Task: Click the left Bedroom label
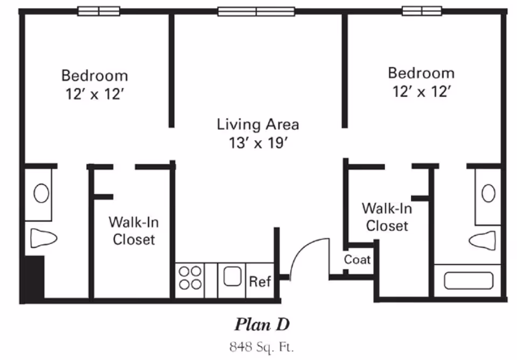94,75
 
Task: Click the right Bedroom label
421,73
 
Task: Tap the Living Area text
257,125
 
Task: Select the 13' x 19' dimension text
257,143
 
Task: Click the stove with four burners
190,278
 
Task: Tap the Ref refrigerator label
260,282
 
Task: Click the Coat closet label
358,260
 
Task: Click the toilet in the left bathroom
43,238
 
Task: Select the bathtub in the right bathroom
468,281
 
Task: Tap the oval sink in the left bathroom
41,193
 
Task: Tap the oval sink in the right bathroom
488,193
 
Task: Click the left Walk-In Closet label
134,230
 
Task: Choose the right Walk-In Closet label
387,217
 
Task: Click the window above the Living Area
256,11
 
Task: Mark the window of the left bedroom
99,11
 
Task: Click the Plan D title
262,324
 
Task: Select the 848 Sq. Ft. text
262,345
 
